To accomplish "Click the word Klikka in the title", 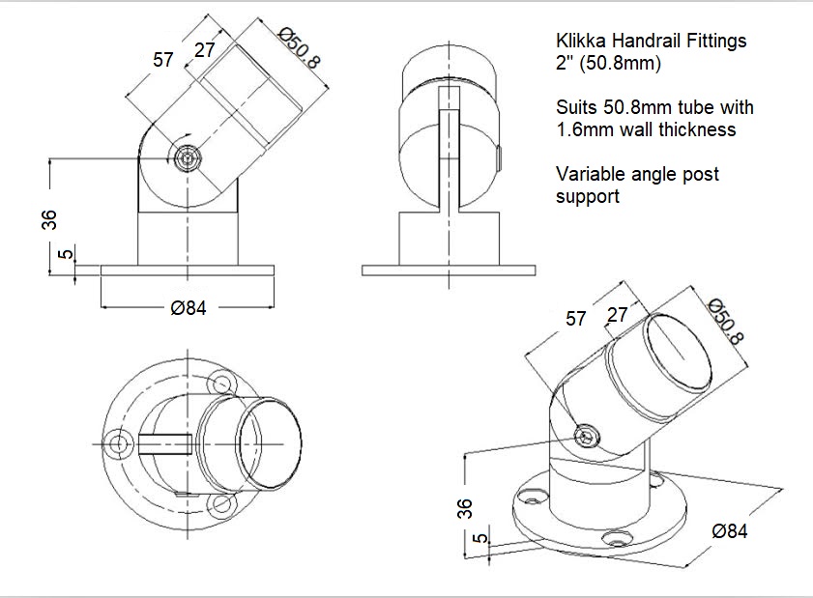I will [581, 42].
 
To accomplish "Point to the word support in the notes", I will [588, 196].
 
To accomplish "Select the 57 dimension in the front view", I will [163, 60].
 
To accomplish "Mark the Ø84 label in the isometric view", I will [729, 530].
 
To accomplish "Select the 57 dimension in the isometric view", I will [575, 318].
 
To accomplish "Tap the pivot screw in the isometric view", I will [589, 437].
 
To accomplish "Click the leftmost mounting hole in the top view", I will [120, 443].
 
